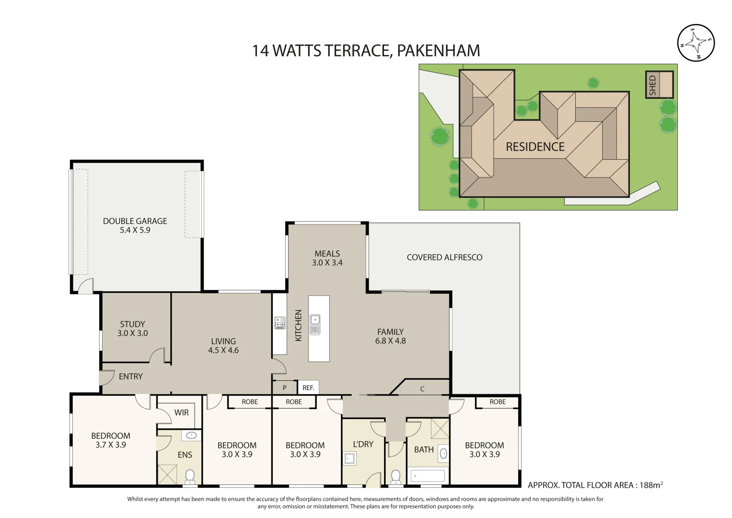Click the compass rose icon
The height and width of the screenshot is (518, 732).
[x=696, y=43]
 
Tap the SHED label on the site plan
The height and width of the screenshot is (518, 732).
[x=652, y=85]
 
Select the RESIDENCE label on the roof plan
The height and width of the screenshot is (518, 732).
[x=535, y=147]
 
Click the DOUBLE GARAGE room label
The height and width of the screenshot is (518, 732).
[x=135, y=225]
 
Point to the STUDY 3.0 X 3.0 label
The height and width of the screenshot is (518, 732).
[x=132, y=329]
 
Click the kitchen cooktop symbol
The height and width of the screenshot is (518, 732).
[x=280, y=323]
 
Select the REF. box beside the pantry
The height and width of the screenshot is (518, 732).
[x=308, y=388]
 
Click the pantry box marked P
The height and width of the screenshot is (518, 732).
[x=284, y=388]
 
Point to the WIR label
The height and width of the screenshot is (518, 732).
[x=181, y=412]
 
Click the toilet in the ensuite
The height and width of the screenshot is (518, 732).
[x=190, y=476]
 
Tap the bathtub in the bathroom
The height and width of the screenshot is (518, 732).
[x=428, y=476]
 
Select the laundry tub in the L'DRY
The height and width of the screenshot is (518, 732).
[x=349, y=459]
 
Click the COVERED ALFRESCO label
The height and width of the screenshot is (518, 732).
[x=444, y=258]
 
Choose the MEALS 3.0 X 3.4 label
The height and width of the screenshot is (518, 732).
[x=327, y=258]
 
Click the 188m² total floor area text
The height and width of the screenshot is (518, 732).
[x=651, y=485]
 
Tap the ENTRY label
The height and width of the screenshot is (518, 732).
[x=130, y=377]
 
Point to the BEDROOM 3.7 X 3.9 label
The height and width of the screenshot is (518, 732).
[x=111, y=440]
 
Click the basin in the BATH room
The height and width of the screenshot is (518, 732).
[x=443, y=453]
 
